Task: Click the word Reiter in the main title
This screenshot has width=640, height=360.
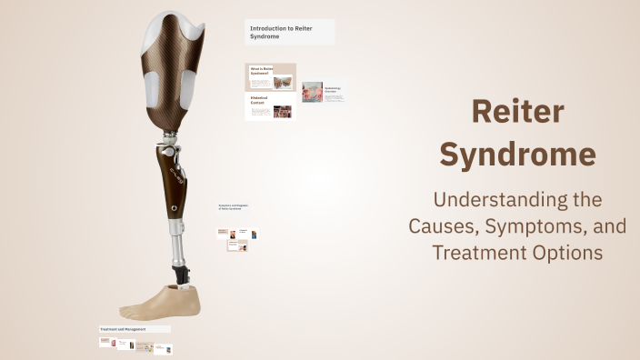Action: [518, 113]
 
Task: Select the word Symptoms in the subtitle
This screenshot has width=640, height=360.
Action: [549, 225]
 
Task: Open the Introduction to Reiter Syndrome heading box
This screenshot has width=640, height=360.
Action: [290, 32]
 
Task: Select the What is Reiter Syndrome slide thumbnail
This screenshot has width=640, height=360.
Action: [270, 76]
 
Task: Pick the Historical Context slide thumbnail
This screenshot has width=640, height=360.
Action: [270, 106]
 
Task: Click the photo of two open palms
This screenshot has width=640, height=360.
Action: [312, 92]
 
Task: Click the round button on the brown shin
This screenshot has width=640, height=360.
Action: [173, 208]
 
